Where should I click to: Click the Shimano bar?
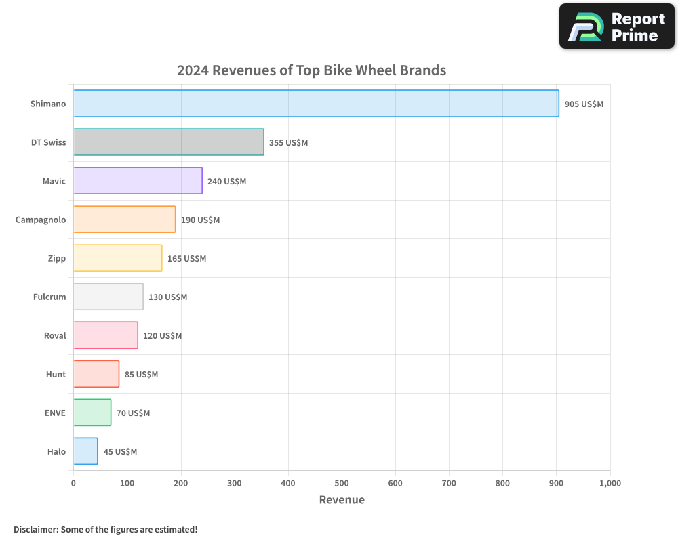click(316, 104)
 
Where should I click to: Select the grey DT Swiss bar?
click(168, 142)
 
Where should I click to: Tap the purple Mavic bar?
click(138, 181)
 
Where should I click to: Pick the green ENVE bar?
click(92, 413)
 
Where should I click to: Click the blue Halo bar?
click(85, 451)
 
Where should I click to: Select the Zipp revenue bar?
click(117, 258)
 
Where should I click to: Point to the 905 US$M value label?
click(584, 104)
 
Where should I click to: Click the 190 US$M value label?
click(200, 220)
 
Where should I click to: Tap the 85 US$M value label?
click(141, 375)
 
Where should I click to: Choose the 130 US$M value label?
click(167, 297)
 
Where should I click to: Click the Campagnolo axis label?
click(41, 220)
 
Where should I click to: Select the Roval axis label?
click(55, 335)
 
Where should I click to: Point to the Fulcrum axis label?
click(49, 297)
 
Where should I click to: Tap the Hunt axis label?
click(56, 374)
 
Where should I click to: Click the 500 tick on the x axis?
click(342, 483)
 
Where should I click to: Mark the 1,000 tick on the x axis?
click(610, 483)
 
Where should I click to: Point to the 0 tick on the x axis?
click(73, 483)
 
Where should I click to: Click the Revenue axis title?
click(342, 500)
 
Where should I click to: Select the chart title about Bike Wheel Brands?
click(311, 70)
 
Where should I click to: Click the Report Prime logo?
click(616, 26)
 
